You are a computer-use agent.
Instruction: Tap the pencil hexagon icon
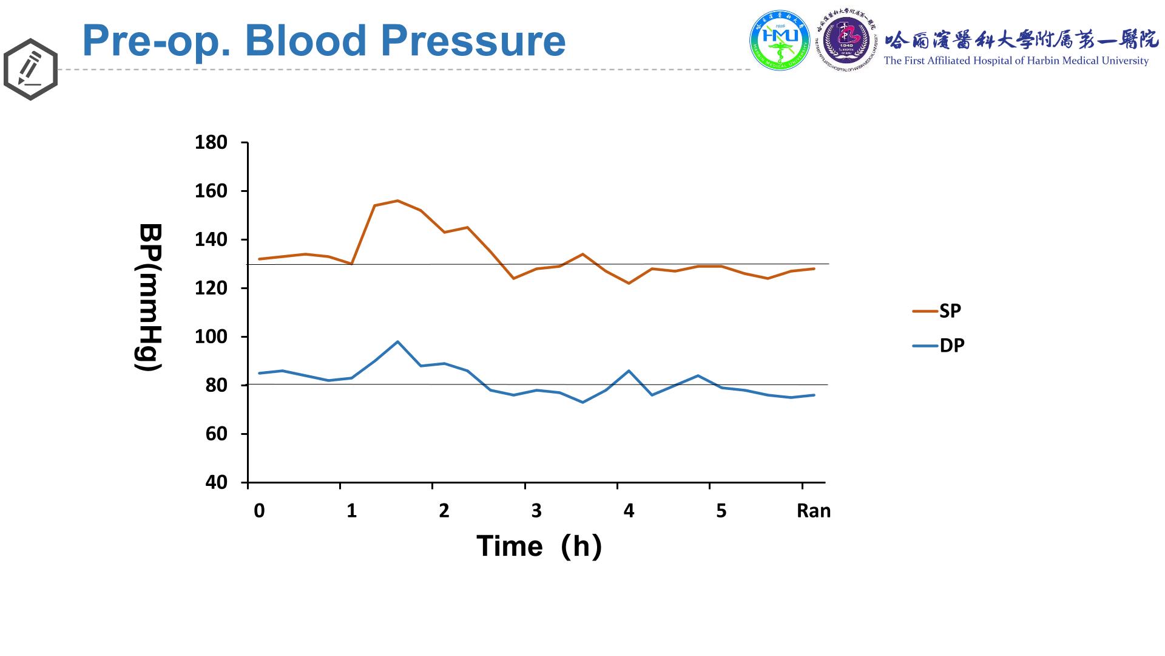(x=30, y=69)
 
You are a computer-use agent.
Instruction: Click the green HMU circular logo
(x=780, y=40)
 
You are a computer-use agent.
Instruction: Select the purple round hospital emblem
(x=846, y=40)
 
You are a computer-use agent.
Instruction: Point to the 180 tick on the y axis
(x=211, y=143)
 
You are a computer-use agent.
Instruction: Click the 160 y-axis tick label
(x=211, y=191)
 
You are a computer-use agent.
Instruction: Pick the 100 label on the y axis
(x=211, y=337)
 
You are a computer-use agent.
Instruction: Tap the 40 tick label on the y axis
(x=217, y=483)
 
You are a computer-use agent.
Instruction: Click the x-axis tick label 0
(x=259, y=511)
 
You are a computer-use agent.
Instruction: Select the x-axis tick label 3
(x=536, y=511)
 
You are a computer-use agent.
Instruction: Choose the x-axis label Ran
(x=813, y=511)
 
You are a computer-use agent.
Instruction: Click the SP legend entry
(x=950, y=311)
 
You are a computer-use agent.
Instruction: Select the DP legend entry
(x=951, y=346)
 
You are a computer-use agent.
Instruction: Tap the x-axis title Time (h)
(x=539, y=546)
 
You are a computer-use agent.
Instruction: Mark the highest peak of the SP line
(x=397, y=200)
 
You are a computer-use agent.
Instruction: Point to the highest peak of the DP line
(x=397, y=341)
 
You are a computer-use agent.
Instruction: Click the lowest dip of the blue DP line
(x=582, y=402)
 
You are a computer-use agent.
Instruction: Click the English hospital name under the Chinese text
(x=1016, y=61)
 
